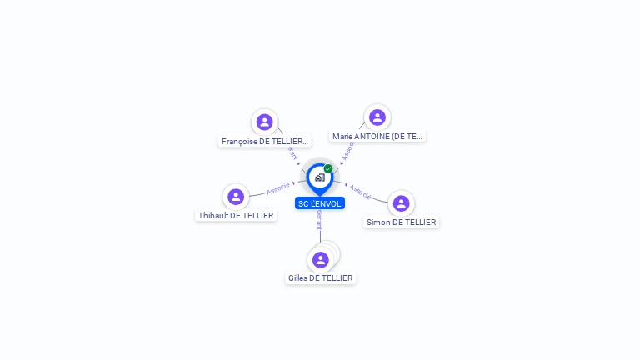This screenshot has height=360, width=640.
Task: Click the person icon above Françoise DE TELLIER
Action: [x=264, y=122]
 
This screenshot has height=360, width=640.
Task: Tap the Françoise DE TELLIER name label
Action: [x=264, y=142]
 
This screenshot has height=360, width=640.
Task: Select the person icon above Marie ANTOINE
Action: [x=377, y=117]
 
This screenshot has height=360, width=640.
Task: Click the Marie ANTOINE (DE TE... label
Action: [x=377, y=136]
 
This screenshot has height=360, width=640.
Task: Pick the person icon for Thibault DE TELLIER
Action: [x=236, y=197]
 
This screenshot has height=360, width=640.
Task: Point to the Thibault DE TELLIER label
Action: [x=236, y=215]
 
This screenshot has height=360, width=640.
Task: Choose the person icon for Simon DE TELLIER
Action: [x=401, y=203]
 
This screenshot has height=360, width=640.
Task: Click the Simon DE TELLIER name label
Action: [x=402, y=222]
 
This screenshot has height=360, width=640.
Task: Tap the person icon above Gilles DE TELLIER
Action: [x=321, y=259]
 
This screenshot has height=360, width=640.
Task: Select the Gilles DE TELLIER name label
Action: [x=321, y=277]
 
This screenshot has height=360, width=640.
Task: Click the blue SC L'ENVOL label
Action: [x=320, y=203]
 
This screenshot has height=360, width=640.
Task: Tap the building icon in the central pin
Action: [x=319, y=177]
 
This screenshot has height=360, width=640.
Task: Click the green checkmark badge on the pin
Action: [x=328, y=169]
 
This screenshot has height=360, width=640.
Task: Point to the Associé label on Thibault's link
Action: [x=278, y=189]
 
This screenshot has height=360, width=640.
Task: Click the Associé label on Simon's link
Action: [x=361, y=191]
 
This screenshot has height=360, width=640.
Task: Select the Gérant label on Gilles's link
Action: [x=320, y=220]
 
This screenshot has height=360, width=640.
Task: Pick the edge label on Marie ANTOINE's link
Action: [x=348, y=150]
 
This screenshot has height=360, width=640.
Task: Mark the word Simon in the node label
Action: [x=379, y=222]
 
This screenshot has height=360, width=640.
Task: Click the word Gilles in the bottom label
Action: [x=297, y=277]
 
